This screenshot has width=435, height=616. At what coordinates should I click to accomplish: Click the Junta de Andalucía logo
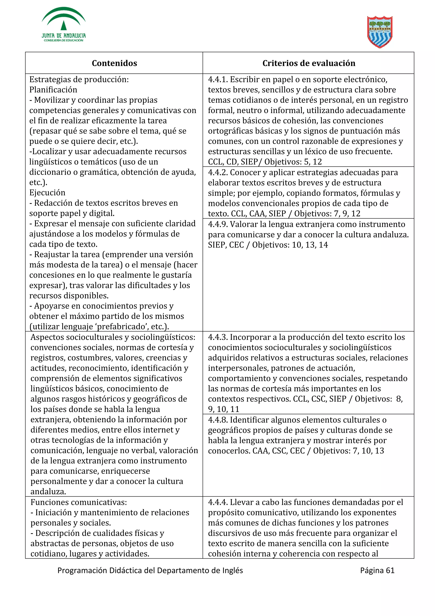coord(64,25)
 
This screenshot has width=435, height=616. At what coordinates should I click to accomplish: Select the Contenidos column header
coord(114,63)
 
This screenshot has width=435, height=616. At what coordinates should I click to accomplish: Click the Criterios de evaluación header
coord(309,63)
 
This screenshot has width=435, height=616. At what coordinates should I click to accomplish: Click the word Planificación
coord(53,90)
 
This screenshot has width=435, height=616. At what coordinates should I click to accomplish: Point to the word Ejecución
coord(47,193)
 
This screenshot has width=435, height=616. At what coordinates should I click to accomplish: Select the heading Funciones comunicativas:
coord(79,502)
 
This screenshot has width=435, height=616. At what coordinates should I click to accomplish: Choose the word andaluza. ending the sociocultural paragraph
coord(48,492)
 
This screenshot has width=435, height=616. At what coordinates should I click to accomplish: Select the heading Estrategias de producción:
coord(79,80)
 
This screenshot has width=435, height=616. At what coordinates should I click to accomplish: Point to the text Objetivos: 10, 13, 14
coord(290,245)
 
